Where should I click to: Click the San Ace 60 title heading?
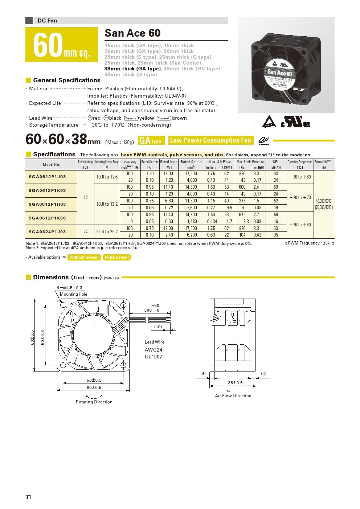coord(132,33)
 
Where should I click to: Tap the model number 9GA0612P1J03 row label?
coord(48,177)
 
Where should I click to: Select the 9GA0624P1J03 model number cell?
coord(48,232)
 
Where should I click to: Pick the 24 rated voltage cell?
coord(86,232)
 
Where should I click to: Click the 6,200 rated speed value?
coord(192,235)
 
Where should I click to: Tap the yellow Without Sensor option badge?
coord(84,257)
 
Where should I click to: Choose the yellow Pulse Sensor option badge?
coord(117,257)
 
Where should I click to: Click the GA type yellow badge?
coord(150,141)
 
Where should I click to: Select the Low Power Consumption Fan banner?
coord(210,140)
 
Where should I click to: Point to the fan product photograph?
coord(286,65)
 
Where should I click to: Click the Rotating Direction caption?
coord(94,402)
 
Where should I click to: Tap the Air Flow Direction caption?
coord(233,396)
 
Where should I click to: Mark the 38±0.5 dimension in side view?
coord(235,383)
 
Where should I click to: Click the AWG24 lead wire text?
coord(154,350)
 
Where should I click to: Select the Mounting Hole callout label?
coord(73,294)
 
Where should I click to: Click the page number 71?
coord(28,497)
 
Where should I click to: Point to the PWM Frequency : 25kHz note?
coord(310,243)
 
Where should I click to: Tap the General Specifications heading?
coord(67,80)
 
